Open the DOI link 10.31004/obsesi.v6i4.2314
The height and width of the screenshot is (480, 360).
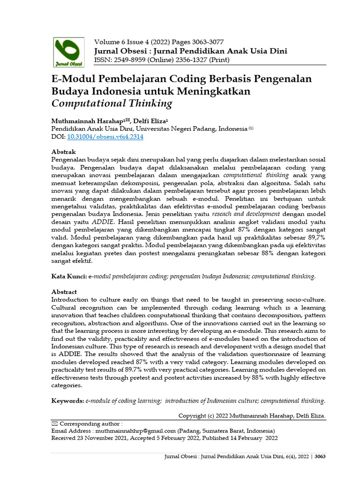point(105,137)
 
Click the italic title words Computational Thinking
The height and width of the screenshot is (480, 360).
point(112,104)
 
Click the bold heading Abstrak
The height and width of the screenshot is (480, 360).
point(63,152)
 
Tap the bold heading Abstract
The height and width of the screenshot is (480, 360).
point(64,292)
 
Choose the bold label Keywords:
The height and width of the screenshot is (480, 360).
point(67,401)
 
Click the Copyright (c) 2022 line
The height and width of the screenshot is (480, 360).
point(252,415)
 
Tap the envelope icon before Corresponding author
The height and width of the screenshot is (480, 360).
point(54,423)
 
